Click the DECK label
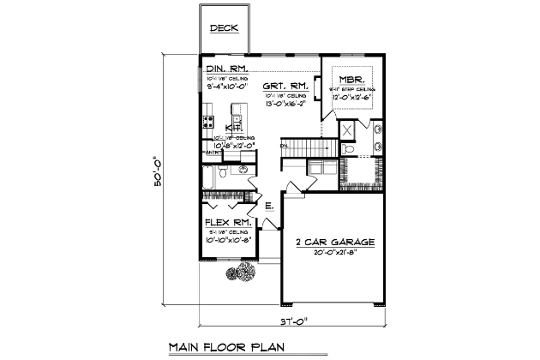pos(225,27)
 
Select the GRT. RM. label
pos(285,86)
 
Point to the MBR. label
pos(347,77)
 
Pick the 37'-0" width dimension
pos(295,323)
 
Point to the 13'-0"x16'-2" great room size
pos(285,102)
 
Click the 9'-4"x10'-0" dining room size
pos(226,85)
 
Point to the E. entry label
pos(268,206)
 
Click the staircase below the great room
pos(302,147)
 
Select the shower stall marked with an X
pos(350,131)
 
